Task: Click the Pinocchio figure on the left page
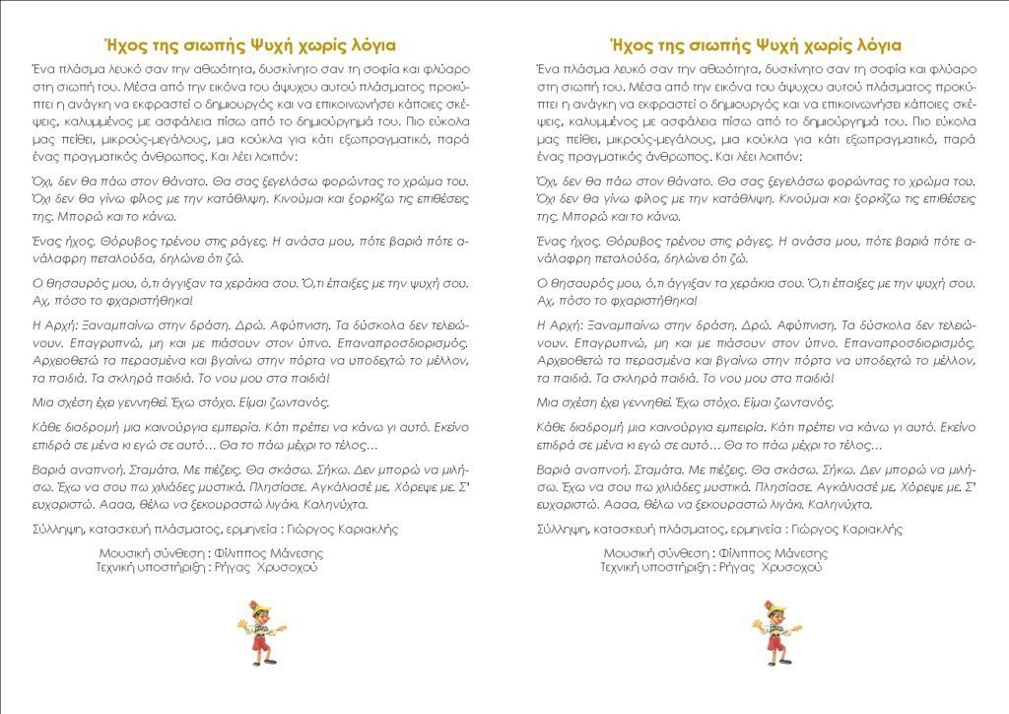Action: [x=261, y=630]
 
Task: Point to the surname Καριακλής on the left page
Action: [x=364, y=529]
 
